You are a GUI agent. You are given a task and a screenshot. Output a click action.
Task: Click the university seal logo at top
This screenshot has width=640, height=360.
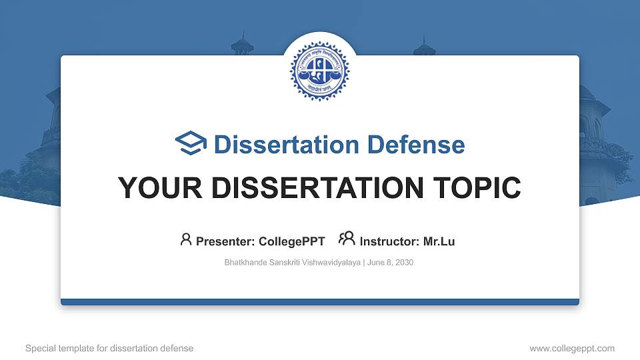click(319, 71)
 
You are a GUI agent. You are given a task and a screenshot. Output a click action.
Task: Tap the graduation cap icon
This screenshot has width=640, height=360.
click(191, 143)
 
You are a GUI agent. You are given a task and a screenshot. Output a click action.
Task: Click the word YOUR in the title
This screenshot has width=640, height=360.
click(151, 188)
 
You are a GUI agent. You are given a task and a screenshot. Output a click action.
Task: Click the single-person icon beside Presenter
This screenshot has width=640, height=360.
click(186, 239)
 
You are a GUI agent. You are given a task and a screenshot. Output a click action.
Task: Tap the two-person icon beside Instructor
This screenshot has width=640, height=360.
click(347, 239)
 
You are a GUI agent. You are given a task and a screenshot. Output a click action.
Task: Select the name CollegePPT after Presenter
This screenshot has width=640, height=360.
click(291, 241)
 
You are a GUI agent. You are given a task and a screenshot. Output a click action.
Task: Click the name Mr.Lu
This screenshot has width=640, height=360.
click(439, 241)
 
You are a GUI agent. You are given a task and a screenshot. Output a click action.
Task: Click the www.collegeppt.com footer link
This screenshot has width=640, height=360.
click(571, 348)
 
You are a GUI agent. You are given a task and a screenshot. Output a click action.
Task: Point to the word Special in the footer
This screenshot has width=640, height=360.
click(39, 348)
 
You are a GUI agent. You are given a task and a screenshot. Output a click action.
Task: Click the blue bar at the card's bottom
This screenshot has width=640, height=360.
click(319, 302)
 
